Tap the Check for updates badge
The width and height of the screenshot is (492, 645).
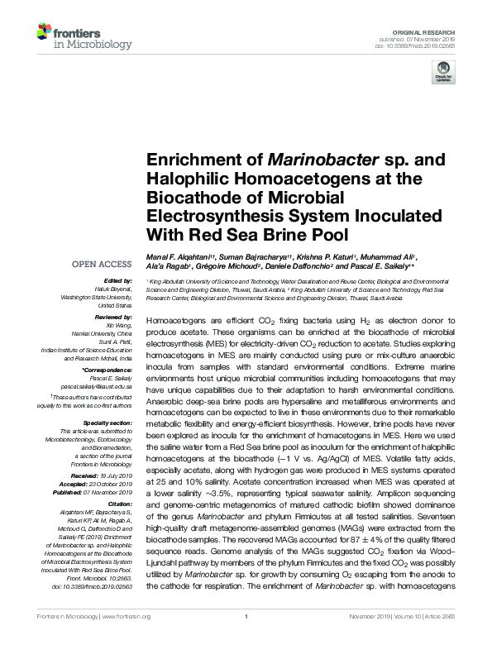(x=445, y=74)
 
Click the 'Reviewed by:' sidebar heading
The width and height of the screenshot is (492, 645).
(x=113, y=316)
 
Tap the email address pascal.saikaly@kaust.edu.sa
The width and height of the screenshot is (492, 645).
(x=98, y=385)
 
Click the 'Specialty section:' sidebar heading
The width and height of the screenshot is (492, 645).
(x=108, y=423)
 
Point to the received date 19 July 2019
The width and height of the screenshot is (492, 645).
(x=115, y=478)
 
